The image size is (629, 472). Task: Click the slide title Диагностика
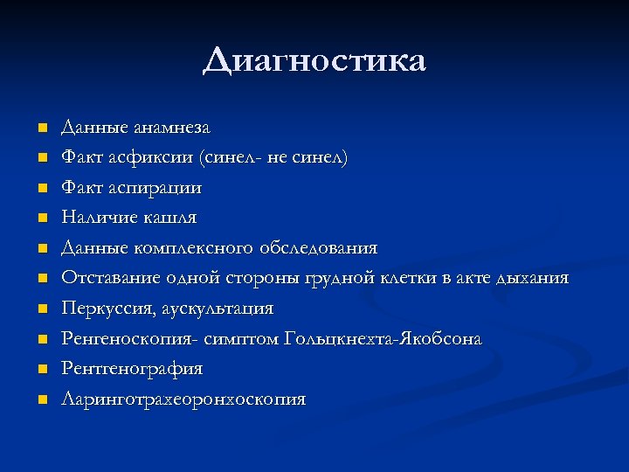coord(314,61)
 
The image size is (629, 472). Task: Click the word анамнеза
coord(172,128)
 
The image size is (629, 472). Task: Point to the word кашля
coord(172,218)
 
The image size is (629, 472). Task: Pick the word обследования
coord(319,248)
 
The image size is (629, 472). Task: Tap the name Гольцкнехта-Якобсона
coord(383,339)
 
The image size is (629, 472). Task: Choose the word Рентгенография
coord(132,369)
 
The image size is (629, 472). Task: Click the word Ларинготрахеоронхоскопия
coord(183,399)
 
